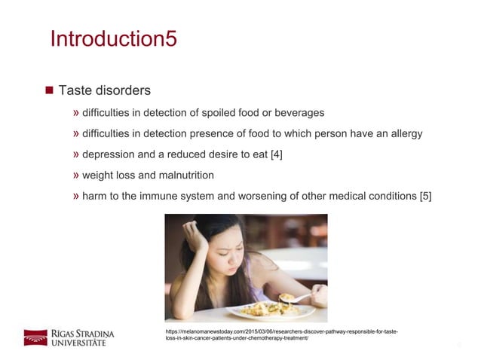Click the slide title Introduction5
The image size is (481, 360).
(113, 38)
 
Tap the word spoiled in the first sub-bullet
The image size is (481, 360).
(221, 113)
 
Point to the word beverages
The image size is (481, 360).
(299, 113)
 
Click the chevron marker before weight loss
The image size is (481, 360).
(76, 175)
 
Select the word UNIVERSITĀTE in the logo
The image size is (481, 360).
(79, 343)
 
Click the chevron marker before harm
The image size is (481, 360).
(76, 197)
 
